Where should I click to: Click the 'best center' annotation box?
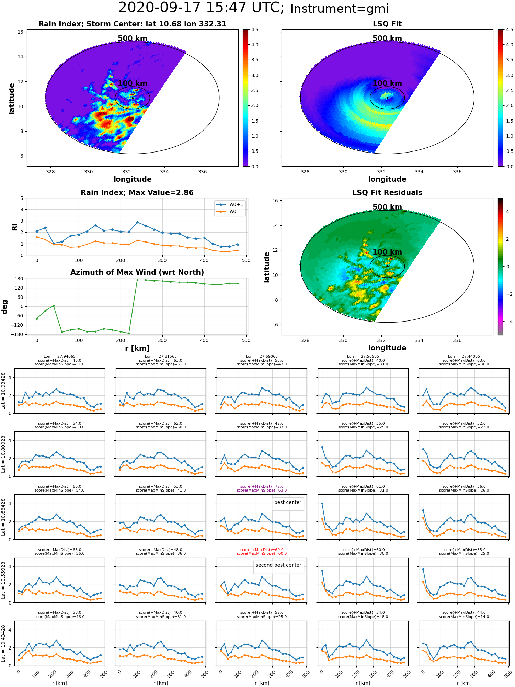(288, 503)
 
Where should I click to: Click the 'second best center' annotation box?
(278, 565)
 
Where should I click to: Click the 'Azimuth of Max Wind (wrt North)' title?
(137, 272)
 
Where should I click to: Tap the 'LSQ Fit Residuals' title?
(387, 193)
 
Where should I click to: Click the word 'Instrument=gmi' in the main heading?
(339, 9)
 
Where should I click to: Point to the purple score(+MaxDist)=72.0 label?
(262, 486)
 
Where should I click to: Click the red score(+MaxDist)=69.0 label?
(262, 550)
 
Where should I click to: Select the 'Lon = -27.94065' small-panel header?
(59, 357)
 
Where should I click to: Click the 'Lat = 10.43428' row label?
(3, 643)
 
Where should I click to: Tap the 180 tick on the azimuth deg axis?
(19, 279)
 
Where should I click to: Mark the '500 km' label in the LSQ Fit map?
(387, 38)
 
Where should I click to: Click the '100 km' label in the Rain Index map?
(133, 83)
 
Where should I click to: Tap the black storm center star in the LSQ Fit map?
(387, 98)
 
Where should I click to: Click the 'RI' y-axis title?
(14, 227)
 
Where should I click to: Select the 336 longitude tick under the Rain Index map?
(202, 172)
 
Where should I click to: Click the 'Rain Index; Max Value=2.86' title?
(137, 193)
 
